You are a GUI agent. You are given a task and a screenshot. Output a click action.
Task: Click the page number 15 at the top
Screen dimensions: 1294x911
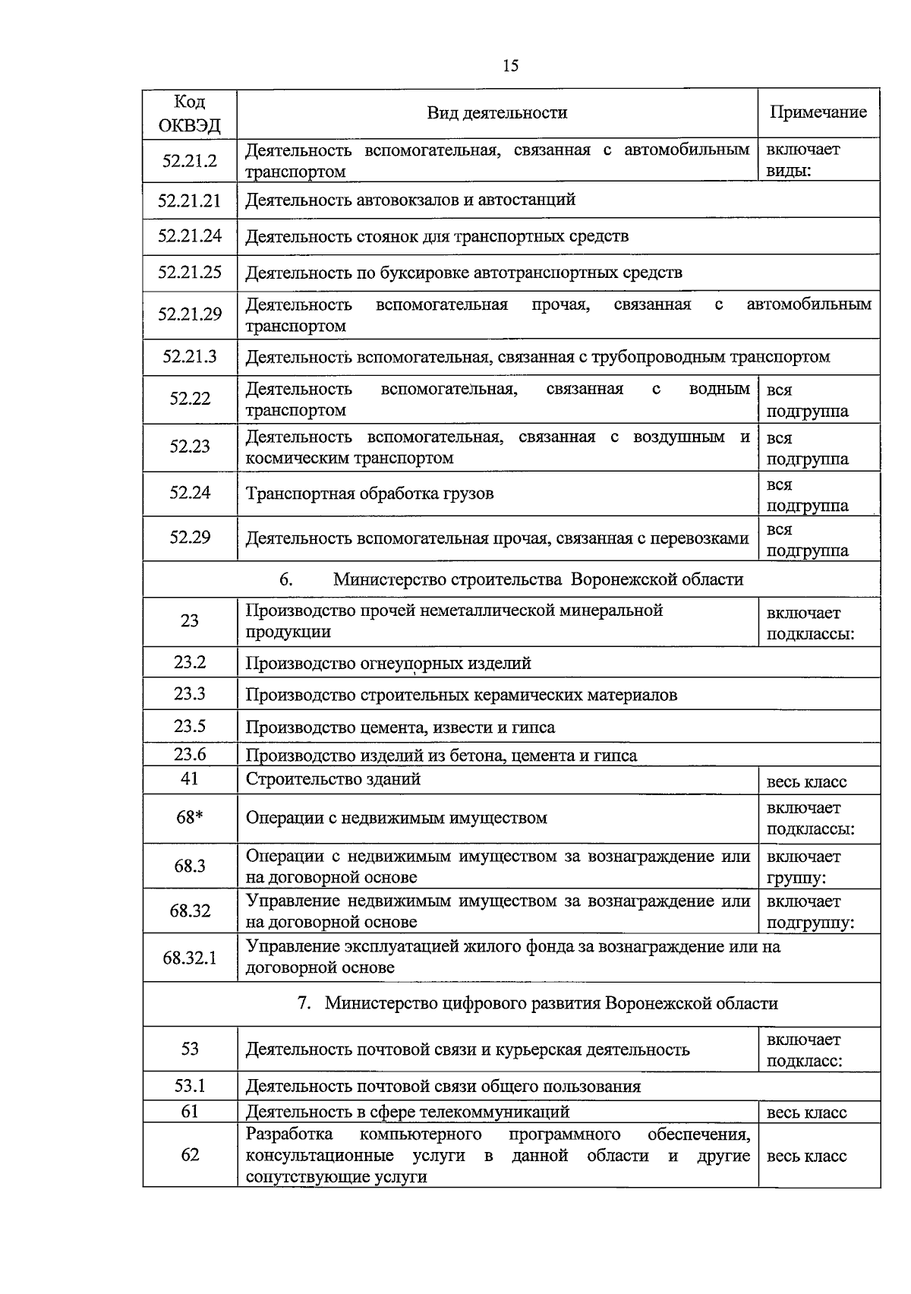510,66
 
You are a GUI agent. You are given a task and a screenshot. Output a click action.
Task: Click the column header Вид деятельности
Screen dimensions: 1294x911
496,113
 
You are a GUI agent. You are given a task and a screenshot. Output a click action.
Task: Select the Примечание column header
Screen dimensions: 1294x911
818,112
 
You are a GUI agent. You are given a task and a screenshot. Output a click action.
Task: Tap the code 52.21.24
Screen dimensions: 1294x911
190,236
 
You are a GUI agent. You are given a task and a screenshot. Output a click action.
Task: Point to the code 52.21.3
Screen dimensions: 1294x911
190,356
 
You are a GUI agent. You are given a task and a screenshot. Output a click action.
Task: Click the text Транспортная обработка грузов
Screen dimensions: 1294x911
369,494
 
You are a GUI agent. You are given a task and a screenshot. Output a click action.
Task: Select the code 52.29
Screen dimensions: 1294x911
190,538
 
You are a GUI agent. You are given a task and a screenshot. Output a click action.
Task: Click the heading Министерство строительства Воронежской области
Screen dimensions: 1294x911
537,579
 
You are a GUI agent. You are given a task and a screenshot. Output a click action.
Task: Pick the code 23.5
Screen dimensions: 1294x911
190,726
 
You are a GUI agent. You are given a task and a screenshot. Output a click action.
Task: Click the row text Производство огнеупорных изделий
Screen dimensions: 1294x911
388,664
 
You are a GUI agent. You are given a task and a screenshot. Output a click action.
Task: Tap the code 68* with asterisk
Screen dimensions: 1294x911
190,818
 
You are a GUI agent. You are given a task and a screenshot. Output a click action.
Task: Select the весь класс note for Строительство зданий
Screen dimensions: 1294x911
806,782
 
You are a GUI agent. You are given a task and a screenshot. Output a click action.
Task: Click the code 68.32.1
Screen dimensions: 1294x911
190,958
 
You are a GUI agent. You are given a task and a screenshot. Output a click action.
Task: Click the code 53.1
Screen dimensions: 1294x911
190,1086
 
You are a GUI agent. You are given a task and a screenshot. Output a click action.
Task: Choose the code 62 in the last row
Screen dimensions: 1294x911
190,1155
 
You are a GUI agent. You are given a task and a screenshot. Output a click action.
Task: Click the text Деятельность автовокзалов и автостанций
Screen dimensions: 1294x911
410,200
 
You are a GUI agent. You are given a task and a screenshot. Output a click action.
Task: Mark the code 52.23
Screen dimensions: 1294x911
190,447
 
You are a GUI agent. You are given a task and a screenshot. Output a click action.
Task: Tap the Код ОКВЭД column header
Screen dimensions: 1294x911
190,113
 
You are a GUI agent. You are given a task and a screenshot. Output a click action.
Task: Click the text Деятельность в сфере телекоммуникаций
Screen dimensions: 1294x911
407,1112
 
